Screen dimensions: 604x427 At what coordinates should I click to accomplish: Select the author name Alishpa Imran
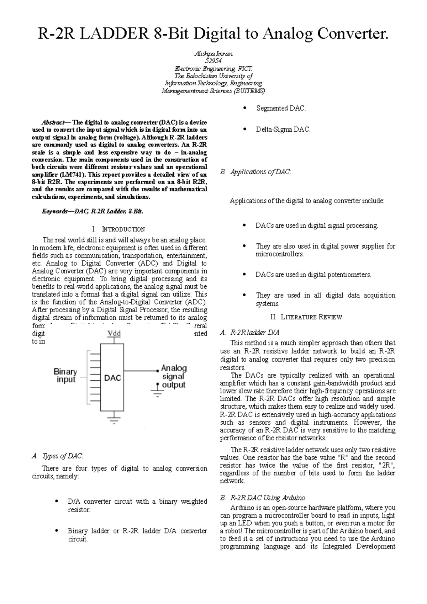pyautogui.click(x=213, y=54)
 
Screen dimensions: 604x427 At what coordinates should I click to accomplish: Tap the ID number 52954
pyautogui.click(x=213, y=61)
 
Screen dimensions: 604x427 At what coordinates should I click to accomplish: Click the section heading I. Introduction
pyautogui.click(x=118, y=229)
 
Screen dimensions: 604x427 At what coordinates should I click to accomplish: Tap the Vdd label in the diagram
pyautogui.click(x=114, y=334)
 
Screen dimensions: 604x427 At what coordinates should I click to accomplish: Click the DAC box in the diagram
pyautogui.click(x=114, y=378)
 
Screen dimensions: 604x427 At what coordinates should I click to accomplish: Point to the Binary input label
pyautogui.click(x=66, y=375)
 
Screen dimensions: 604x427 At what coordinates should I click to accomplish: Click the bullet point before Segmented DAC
pyautogui.click(x=244, y=108)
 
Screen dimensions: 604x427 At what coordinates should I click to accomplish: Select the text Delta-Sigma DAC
pyautogui.click(x=283, y=130)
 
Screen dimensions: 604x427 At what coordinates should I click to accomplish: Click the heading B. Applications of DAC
pyautogui.click(x=255, y=172)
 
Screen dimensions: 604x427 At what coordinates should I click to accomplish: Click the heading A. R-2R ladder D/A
pyautogui.click(x=249, y=333)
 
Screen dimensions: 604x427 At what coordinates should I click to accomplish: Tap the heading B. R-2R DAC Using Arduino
pyautogui.click(x=262, y=497)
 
